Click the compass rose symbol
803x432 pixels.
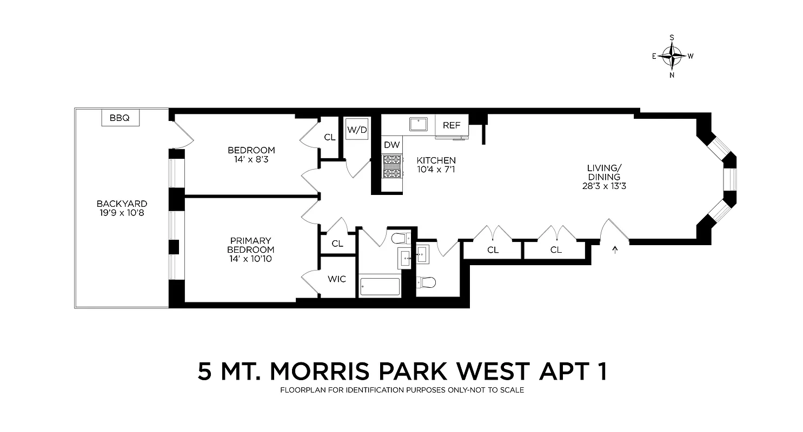[x=672, y=56]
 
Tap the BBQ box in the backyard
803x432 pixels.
[x=120, y=118]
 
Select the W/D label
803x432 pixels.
[x=357, y=130]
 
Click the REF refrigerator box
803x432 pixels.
[x=452, y=125]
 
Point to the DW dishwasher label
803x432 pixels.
[x=391, y=145]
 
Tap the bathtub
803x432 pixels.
[x=380, y=287]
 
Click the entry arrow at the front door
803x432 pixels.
[x=615, y=249]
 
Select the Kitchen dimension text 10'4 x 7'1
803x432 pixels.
[x=436, y=170]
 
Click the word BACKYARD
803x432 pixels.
[x=122, y=204]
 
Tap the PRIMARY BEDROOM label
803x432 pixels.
[x=250, y=245]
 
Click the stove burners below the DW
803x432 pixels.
[x=391, y=166]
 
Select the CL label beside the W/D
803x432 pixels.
[x=330, y=137]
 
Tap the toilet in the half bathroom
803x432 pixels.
[x=426, y=282]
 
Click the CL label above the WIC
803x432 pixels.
[x=337, y=244]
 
